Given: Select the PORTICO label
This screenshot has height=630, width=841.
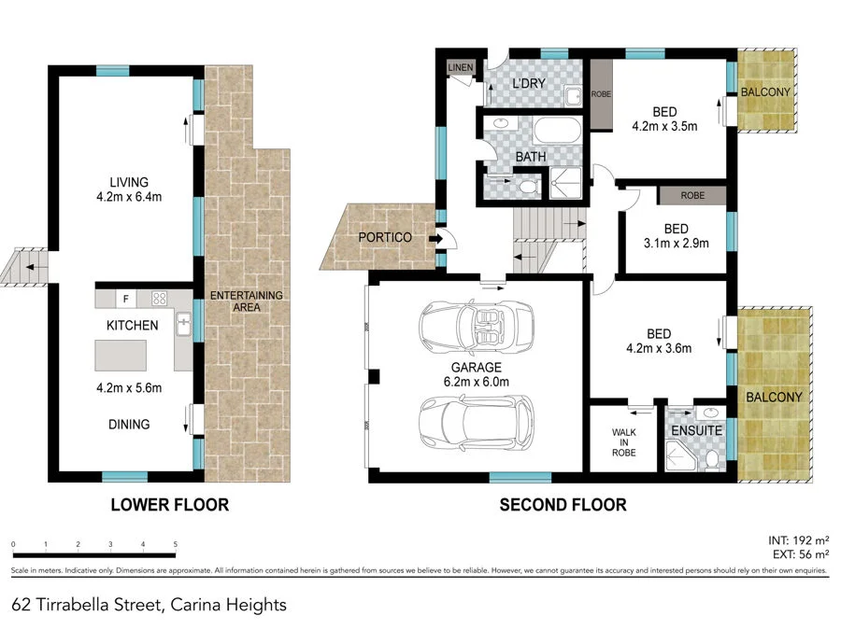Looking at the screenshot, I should click(384, 237).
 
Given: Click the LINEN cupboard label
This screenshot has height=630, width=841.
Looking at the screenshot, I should click(461, 68).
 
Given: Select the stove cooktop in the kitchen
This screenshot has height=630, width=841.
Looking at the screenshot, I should click(159, 300).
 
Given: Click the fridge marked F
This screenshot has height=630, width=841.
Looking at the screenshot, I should click(124, 300).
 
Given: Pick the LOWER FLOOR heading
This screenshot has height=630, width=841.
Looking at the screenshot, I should click(169, 505).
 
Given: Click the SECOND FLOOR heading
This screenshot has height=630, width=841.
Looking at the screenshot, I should click(563, 505).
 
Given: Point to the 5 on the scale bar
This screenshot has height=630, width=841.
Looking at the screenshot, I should click(176, 543).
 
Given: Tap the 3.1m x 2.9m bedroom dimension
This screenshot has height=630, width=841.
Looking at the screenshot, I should click(676, 245).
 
